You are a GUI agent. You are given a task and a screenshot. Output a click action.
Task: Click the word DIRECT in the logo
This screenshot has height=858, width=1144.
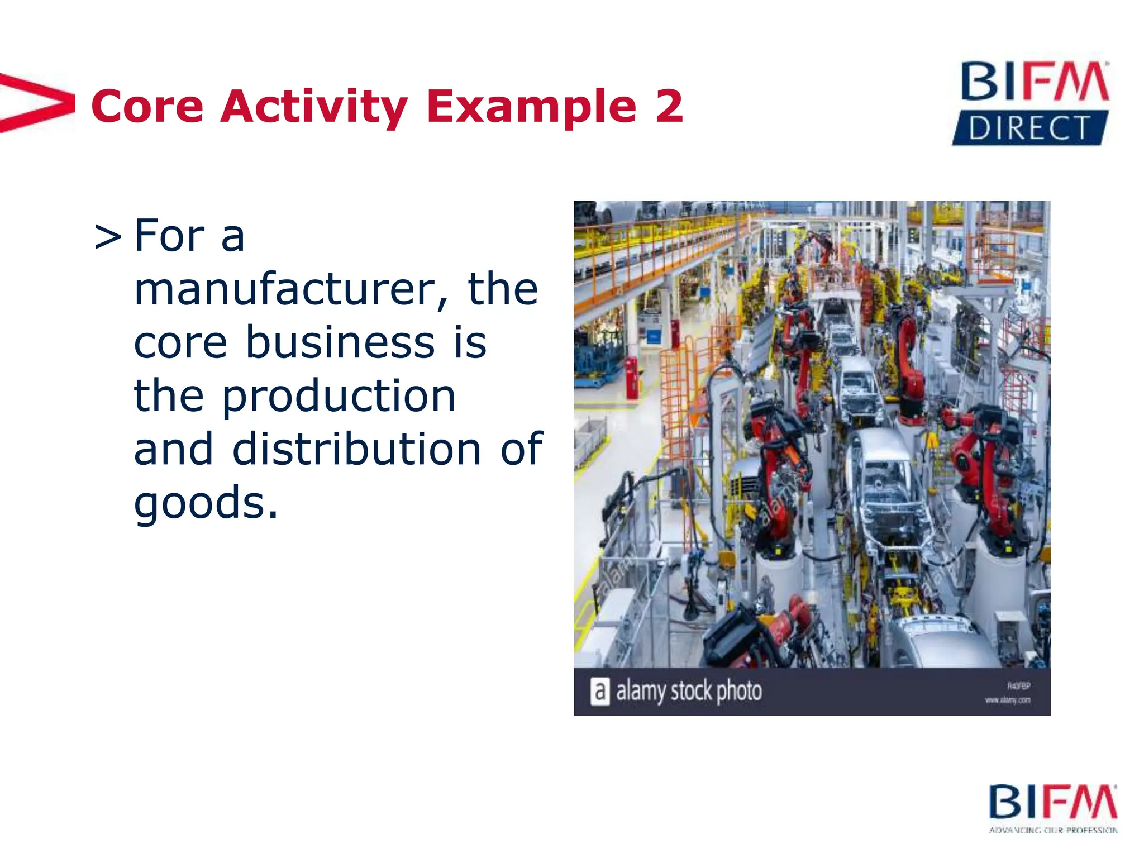[1029, 128]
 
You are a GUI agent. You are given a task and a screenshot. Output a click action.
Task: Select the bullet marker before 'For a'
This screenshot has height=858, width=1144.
[107, 237]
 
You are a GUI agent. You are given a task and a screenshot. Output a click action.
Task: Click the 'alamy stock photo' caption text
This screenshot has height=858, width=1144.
[688, 691]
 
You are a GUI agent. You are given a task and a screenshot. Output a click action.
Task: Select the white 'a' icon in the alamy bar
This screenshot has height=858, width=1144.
[599, 691]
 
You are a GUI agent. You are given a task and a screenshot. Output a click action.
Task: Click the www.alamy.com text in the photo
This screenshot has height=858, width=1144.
[1007, 700]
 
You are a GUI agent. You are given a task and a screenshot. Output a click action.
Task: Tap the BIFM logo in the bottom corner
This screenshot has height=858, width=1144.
[1052, 802]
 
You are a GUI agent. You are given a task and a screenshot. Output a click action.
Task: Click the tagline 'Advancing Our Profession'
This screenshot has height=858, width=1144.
[1053, 831]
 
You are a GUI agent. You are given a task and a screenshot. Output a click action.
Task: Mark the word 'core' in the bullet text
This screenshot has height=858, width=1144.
[180, 342]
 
